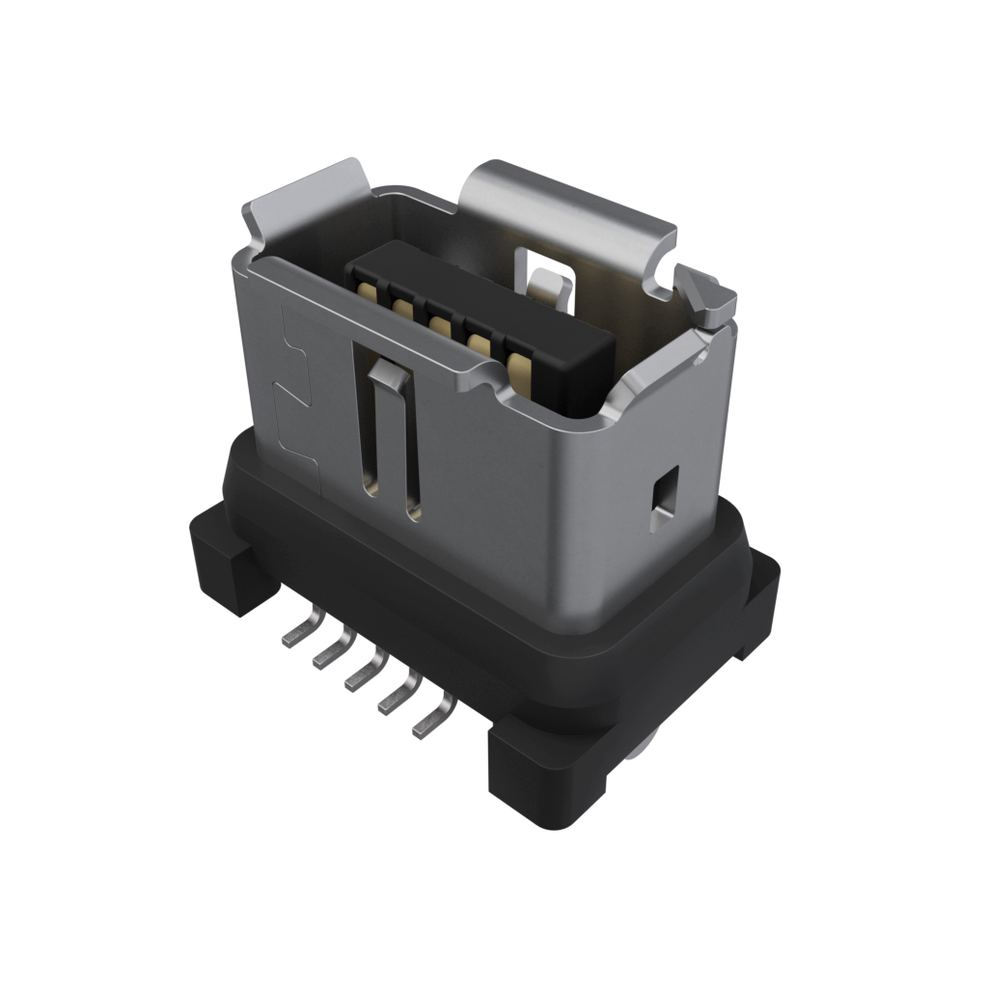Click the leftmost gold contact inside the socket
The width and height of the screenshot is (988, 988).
click(367, 290)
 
